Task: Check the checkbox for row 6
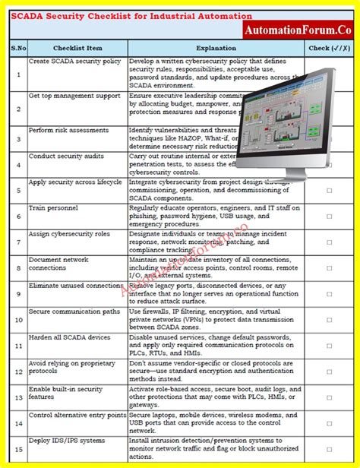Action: tap(330, 217)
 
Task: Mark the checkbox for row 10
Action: tap(330, 321)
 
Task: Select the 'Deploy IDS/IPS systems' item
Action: tap(67, 441)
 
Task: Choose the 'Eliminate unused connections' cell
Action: tap(76, 286)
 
